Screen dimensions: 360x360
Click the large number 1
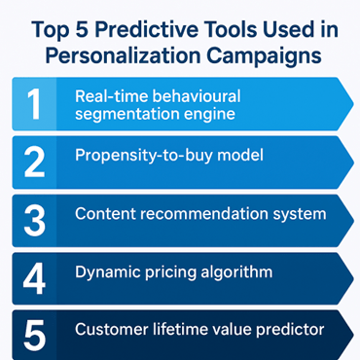[x=34, y=105]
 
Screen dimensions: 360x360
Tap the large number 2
[x=34, y=162]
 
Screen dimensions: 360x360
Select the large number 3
[x=34, y=219]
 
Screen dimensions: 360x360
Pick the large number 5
[x=34, y=334]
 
